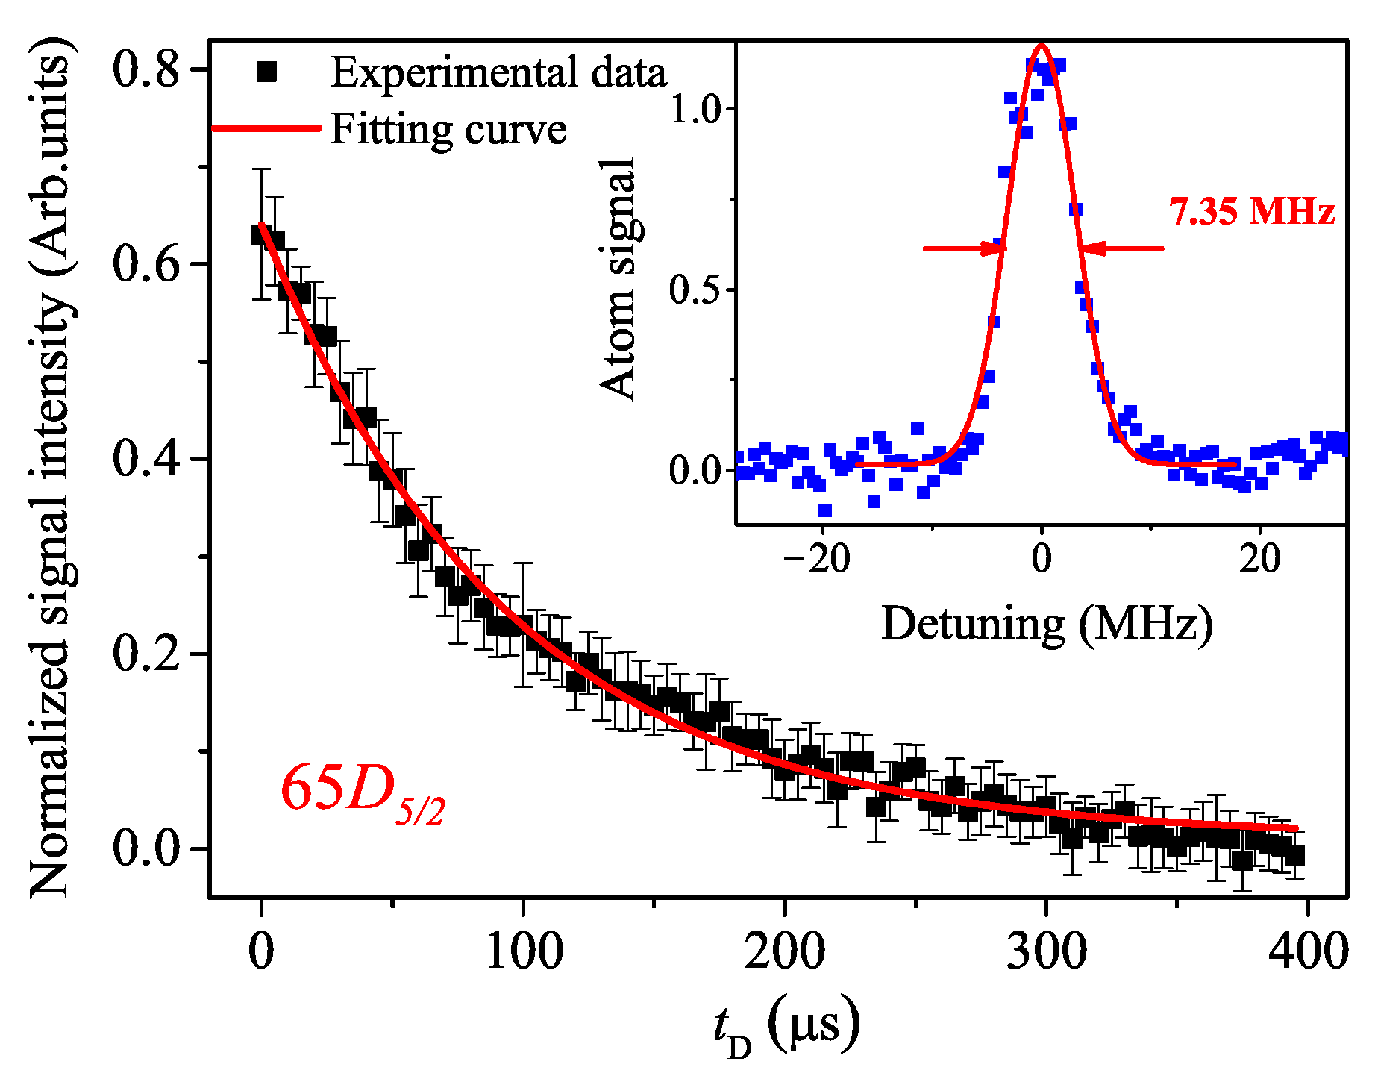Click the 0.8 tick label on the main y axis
(x=146, y=70)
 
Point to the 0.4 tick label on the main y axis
(x=146, y=458)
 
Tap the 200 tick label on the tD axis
(x=785, y=952)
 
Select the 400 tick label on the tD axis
(x=1309, y=952)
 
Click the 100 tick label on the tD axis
(x=524, y=952)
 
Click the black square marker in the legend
(x=266, y=72)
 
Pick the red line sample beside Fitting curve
(x=266, y=128)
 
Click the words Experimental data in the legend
(x=498, y=72)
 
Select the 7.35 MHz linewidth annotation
(x=1252, y=211)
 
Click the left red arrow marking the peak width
(x=965, y=248)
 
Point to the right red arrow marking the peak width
(x=1121, y=248)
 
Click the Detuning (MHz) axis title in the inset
(x=1047, y=624)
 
